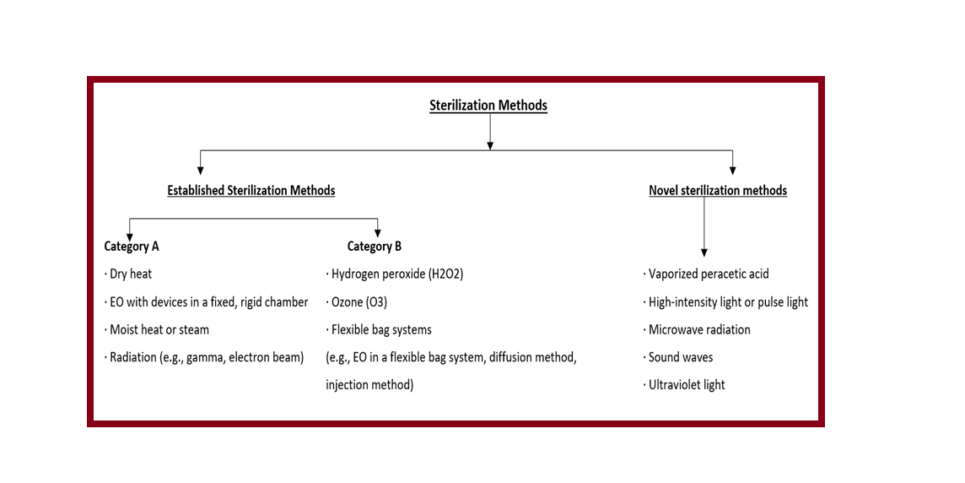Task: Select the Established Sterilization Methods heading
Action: (x=251, y=190)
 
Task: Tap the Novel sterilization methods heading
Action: (x=717, y=190)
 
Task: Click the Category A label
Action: (x=132, y=247)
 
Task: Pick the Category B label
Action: (x=374, y=247)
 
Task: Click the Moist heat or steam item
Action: (x=159, y=329)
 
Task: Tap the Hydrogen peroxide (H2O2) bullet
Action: (x=396, y=274)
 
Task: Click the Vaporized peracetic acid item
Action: (x=708, y=274)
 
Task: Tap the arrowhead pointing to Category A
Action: (x=128, y=234)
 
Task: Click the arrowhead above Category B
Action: (x=377, y=234)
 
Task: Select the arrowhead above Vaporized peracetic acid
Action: (x=704, y=252)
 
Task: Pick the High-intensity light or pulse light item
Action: (x=727, y=301)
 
